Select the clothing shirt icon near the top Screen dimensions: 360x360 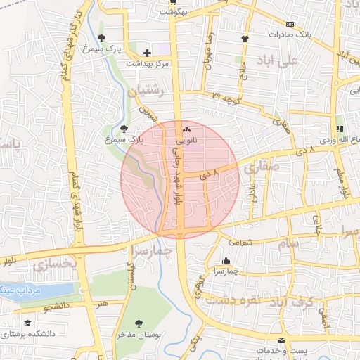245,39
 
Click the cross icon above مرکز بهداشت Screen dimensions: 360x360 147,53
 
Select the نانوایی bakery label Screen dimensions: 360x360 186,140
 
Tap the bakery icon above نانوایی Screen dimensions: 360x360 186,130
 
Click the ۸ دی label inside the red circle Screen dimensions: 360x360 210,171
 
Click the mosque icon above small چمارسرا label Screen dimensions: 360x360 225,260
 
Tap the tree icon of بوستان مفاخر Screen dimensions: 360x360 139,324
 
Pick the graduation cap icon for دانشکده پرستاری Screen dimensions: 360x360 27,323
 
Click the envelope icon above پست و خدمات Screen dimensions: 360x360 282,340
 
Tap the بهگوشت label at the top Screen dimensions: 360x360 173,12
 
